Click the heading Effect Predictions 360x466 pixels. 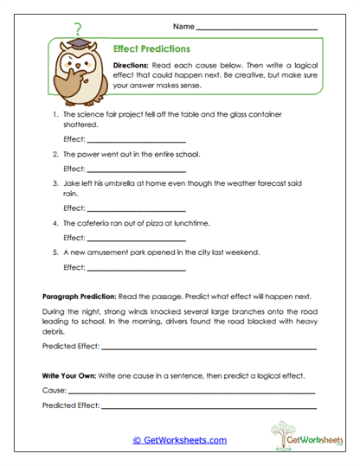151,49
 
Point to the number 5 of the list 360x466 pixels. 55,252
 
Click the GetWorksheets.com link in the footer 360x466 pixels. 179,440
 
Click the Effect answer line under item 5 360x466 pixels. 136,267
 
